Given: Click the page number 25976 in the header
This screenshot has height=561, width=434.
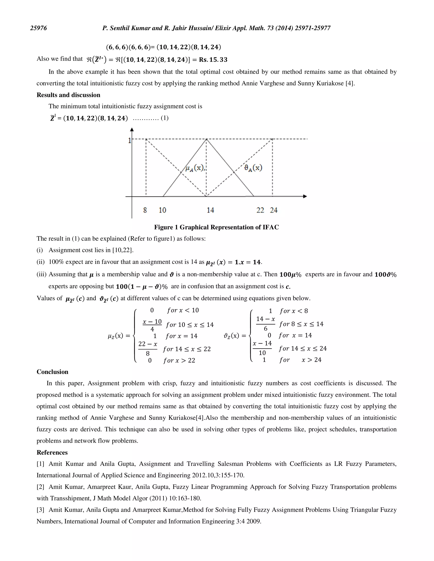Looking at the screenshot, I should (39, 28).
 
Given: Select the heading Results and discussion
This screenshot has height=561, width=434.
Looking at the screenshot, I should (68, 95).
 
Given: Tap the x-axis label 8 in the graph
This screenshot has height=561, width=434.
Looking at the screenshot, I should (145, 210).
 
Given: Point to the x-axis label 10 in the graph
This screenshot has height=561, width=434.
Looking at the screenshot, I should (162, 210).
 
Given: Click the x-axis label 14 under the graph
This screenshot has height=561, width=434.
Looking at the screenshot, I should (210, 210).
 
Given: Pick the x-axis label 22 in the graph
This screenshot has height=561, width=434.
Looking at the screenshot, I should (260, 210).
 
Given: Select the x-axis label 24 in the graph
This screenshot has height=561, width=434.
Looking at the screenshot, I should (274, 210).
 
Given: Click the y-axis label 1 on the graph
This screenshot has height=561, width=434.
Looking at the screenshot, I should (129, 140).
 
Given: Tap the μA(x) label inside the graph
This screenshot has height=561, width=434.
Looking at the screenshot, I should (195, 168).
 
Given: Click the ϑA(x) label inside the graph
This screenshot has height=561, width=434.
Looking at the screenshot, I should (253, 168).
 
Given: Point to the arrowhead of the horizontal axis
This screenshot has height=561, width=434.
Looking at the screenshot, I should (305, 196).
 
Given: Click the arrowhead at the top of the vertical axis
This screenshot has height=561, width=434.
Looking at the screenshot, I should (132, 130).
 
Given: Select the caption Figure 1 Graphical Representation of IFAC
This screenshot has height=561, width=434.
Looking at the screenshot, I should (217, 227).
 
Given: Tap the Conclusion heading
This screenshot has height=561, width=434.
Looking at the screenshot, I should (53, 372).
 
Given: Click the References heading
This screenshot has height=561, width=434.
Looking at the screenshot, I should (52, 452).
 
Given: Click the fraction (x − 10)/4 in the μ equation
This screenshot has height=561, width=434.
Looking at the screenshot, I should (152, 325).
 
